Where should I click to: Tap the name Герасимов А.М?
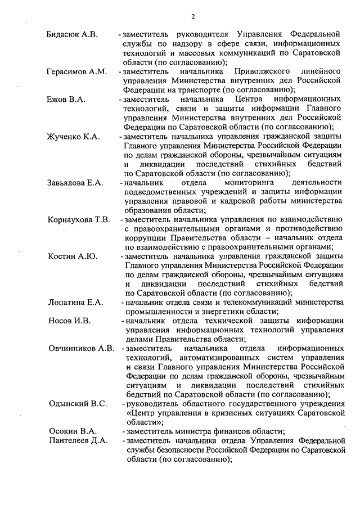click(76, 71)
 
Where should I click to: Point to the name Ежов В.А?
click(65, 99)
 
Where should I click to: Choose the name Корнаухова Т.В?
click(79, 219)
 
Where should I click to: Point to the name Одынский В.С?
click(77, 403)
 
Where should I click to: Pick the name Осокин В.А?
click(70, 431)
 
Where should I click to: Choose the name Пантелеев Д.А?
click(78, 440)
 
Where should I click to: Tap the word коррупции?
click(143, 237)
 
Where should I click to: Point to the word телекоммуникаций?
click(247, 302)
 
